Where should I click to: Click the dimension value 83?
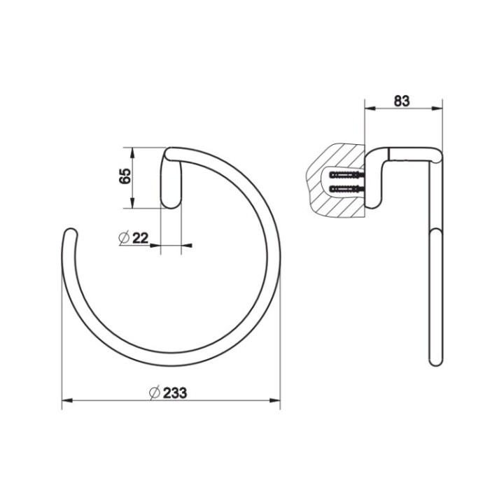click(x=401, y=100)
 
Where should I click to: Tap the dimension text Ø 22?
click(x=134, y=238)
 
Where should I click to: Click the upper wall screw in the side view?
click(x=344, y=174)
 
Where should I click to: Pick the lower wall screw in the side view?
click(x=344, y=189)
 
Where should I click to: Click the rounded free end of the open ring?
click(x=69, y=233)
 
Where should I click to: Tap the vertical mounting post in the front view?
click(x=171, y=181)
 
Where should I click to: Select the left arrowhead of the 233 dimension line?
click(x=66, y=400)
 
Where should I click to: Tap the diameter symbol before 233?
click(x=155, y=393)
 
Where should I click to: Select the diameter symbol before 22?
click(x=123, y=238)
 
